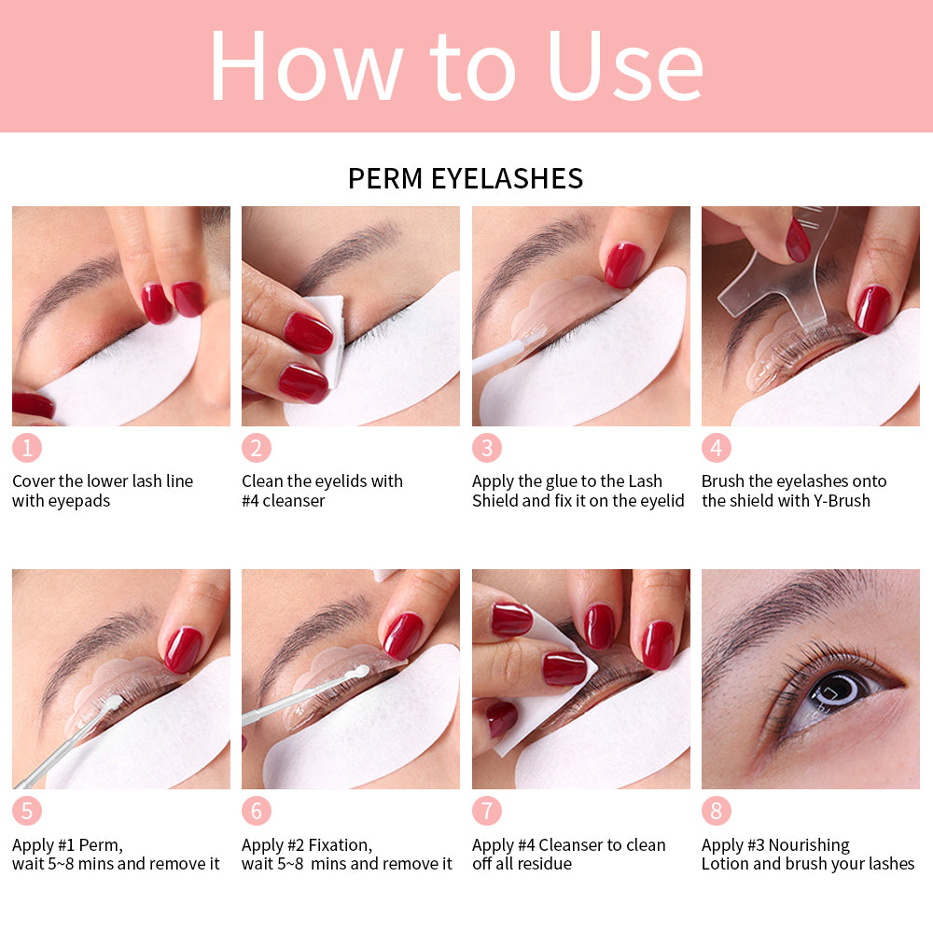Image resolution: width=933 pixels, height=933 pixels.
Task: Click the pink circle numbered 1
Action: pyautogui.click(x=27, y=448)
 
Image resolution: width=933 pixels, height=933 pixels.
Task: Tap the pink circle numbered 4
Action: pyautogui.click(x=716, y=448)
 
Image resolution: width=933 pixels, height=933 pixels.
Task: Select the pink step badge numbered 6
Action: pyautogui.click(x=257, y=811)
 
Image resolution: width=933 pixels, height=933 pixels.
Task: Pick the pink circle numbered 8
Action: pyautogui.click(x=716, y=811)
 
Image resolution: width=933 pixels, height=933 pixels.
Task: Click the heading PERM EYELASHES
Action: pyautogui.click(x=465, y=178)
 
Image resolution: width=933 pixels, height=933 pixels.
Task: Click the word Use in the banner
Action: pyautogui.click(x=625, y=67)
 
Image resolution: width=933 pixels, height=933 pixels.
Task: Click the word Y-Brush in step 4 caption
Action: pyautogui.click(x=834, y=501)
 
